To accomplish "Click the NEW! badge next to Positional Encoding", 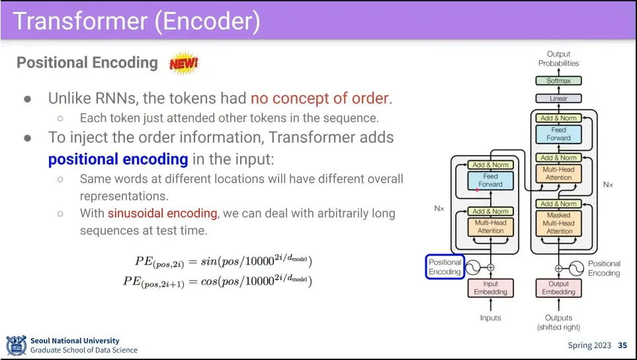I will (x=184, y=64).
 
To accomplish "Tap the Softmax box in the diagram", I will (x=558, y=81).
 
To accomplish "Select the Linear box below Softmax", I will (x=558, y=99).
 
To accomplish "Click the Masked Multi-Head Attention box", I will (x=558, y=224).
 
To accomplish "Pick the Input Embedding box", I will (x=490, y=288).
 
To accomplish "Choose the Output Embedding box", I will (x=558, y=288).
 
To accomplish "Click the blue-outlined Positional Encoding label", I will (x=445, y=267).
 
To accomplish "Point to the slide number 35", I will (x=622, y=345).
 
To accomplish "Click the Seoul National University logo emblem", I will (x=16, y=345).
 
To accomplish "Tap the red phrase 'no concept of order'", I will (x=319, y=99).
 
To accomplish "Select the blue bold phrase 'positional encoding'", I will (x=118, y=159).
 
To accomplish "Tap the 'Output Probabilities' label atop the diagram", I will (x=558, y=58).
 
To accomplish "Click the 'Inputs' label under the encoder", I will (x=490, y=318).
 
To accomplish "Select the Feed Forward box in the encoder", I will (x=490, y=180).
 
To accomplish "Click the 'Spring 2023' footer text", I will (x=589, y=345).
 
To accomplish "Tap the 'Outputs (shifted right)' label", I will (x=558, y=322).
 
